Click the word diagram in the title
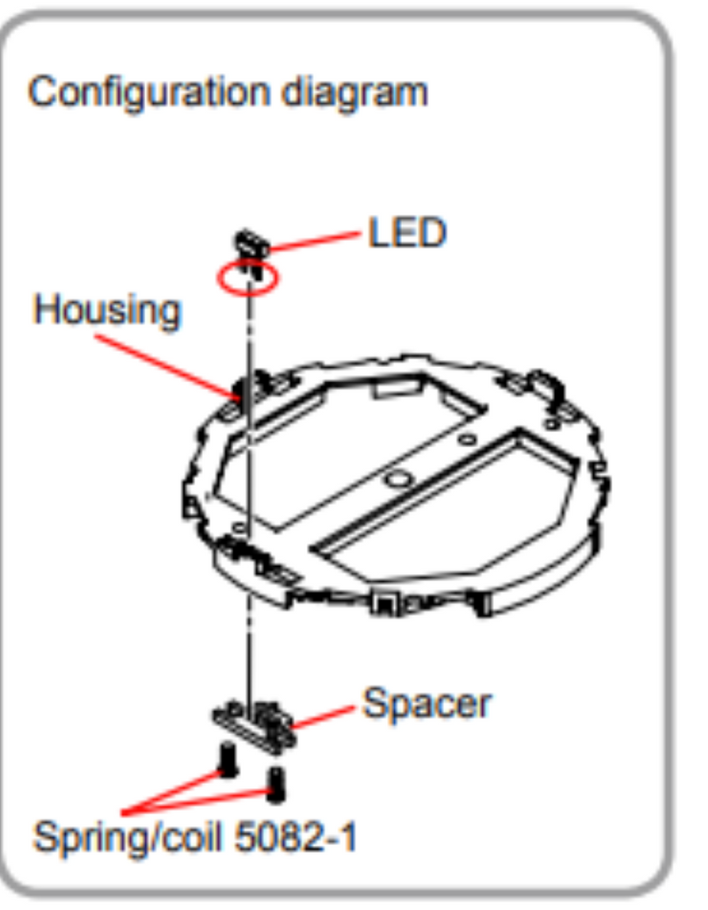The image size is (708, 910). tap(355, 93)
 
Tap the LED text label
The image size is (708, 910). tap(407, 233)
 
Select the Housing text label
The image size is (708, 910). tap(108, 310)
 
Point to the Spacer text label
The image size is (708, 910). tap(427, 704)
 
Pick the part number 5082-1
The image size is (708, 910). tap(295, 837)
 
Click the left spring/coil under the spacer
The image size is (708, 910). tap(229, 760)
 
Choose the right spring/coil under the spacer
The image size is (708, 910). tap(276, 784)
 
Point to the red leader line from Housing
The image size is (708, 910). tap(167, 367)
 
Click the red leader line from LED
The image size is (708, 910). tap(314, 242)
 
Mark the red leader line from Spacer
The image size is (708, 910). tap(323, 717)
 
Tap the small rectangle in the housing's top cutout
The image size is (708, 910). tap(396, 386)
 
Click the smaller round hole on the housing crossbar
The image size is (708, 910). tap(468, 439)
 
